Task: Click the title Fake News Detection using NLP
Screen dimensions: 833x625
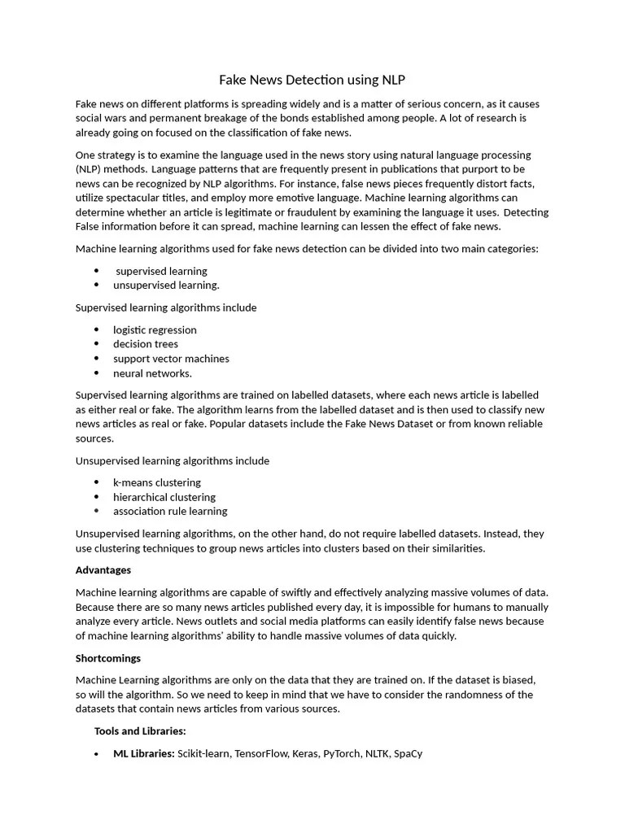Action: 312,80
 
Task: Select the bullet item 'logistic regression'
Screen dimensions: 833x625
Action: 155,329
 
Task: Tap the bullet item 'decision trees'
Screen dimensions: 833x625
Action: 146,344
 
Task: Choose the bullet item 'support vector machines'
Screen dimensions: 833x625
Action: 171,359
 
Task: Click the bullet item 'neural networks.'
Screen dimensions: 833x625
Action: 152,373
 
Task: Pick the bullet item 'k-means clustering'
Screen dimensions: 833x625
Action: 156,482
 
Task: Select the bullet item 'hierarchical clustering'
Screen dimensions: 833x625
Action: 164,497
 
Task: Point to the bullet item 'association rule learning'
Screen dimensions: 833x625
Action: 170,512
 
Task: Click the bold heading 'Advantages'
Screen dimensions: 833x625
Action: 103,570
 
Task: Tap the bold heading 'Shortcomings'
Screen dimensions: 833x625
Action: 108,658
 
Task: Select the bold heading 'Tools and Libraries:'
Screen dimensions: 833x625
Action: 140,731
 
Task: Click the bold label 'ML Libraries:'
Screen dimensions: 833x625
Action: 144,754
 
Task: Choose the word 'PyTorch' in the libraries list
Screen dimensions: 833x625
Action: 342,754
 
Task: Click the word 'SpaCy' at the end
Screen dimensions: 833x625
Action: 408,754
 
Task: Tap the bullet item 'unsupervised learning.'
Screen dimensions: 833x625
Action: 166,286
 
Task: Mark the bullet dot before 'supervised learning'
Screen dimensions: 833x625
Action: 96,271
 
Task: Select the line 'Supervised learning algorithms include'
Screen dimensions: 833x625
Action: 166,307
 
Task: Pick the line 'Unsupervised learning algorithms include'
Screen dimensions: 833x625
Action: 172,460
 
